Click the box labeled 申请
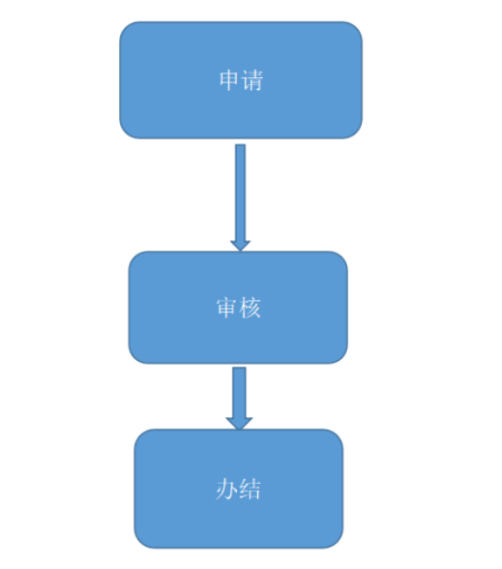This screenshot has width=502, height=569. click(x=241, y=79)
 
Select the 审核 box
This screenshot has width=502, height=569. click(x=238, y=308)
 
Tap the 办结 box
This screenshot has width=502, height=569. click(x=239, y=489)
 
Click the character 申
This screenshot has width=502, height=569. click(x=229, y=80)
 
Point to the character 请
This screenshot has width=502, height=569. click(x=252, y=80)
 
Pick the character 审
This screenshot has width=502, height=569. click(x=227, y=308)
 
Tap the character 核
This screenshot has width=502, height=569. click(x=250, y=308)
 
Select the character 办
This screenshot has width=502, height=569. click(x=226, y=490)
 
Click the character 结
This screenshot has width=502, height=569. click(x=250, y=490)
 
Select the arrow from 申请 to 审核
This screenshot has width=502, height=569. click(x=241, y=197)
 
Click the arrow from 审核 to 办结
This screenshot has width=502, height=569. click(x=239, y=399)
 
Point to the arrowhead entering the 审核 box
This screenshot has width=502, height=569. click(x=241, y=246)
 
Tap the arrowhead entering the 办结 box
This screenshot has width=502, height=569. click(x=239, y=424)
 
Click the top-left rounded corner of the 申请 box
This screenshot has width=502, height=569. click(x=125, y=27)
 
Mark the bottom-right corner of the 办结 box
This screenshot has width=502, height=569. click(x=339, y=543)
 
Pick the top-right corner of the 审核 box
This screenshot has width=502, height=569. click(x=342, y=256)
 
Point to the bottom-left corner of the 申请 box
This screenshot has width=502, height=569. click(x=125, y=134)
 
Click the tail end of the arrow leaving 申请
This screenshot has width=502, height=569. click(x=241, y=145)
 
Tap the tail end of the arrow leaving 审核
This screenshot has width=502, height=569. click(x=239, y=368)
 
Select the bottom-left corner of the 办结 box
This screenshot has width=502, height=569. click(x=139, y=543)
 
